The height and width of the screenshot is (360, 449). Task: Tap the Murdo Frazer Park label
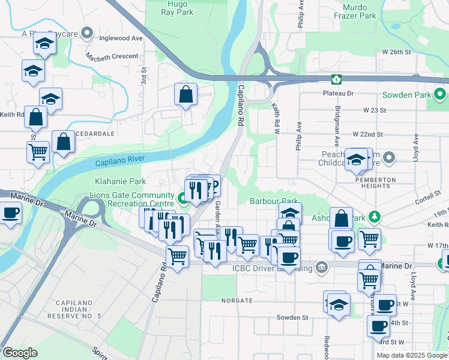[367, 11]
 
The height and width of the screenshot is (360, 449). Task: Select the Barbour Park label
[274, 201]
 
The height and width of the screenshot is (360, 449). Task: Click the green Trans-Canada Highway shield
[336, 79]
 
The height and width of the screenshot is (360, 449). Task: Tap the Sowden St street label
[292, 317]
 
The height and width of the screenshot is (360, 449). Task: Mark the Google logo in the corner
[20, 353]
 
